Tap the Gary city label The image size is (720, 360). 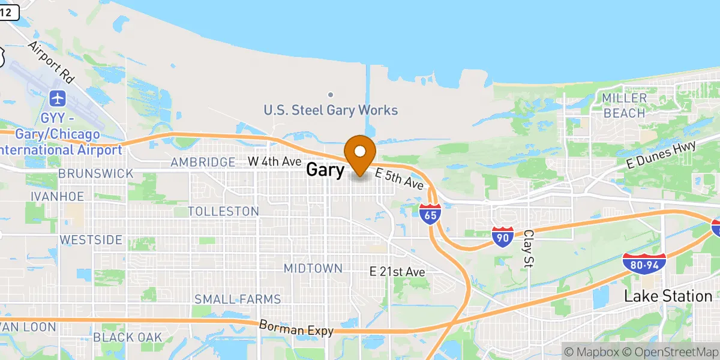(x=325, y=170)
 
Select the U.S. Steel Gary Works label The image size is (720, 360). (x=331, y=110)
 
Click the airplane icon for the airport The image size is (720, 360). (x=58, y=97)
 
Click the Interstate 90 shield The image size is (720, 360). (x=503, y=237)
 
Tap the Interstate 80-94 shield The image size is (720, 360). (x=644, y=263)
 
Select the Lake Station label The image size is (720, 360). (x=668, y=296)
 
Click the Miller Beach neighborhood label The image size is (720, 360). (x=625, y=106)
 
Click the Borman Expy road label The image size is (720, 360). (x=295, y=329)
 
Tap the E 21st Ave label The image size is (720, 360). (x=397, y=272)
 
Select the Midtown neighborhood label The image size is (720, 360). (x=313, y=268)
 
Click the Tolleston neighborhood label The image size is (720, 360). (x=223, y=211)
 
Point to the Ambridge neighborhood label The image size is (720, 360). (x=203, y=162)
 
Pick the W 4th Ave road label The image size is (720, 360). (x=274, y=161)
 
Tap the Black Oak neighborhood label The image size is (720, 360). (x=128, y=337)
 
